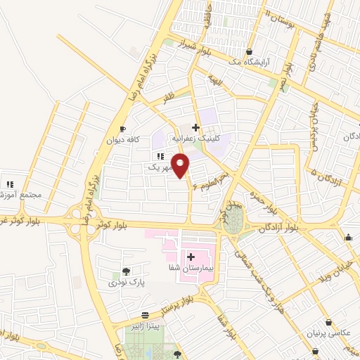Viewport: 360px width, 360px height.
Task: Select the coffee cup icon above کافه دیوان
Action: pos(122,129)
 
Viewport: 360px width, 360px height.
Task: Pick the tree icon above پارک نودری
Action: pos(125,271)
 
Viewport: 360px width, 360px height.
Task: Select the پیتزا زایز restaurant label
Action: pos(144,326)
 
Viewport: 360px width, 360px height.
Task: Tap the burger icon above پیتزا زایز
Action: pos(144,316)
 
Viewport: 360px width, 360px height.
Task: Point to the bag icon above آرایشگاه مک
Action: pos(250,51)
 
